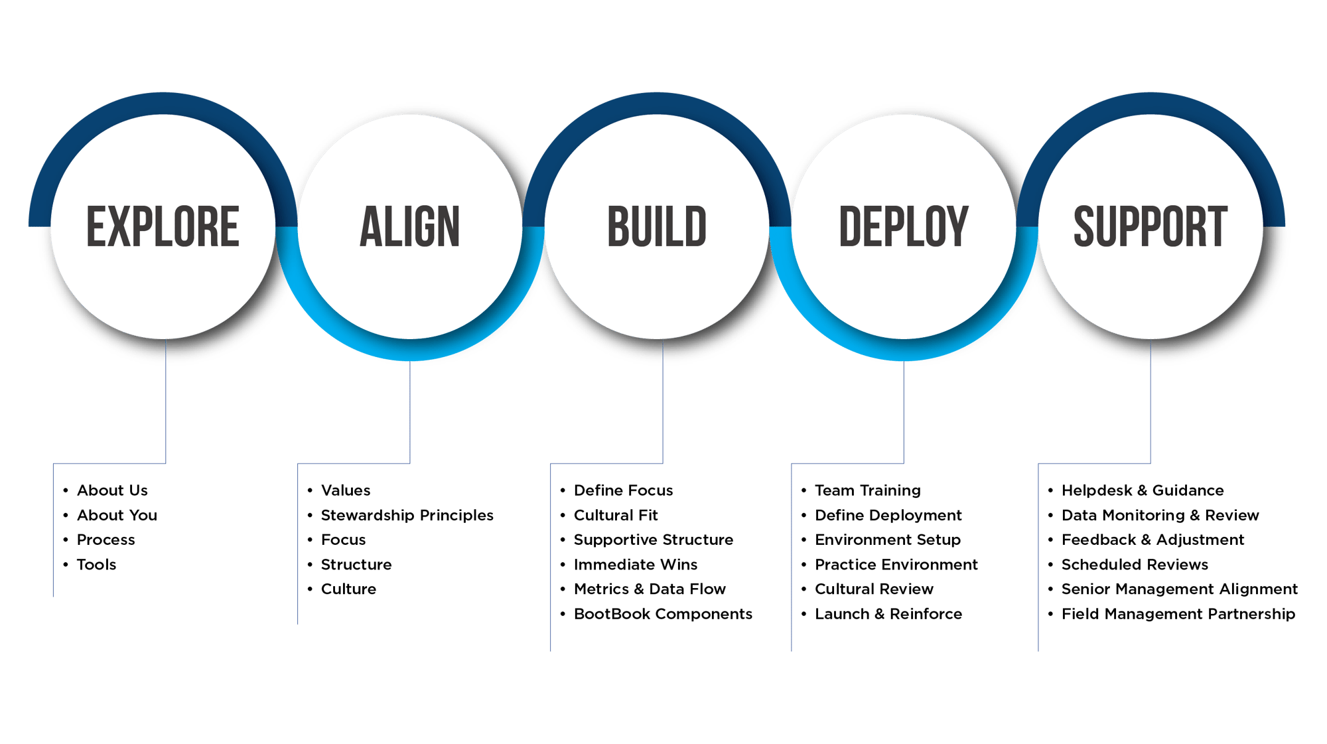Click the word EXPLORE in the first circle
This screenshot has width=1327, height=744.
click(x=163, y=227)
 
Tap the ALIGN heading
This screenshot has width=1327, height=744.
click(x=409, y=227)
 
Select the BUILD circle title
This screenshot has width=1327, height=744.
click(x=657, y=227)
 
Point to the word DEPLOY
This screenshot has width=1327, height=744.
click(x=904, y=227)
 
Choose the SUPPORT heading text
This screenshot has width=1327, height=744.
click(x=1151, y=227)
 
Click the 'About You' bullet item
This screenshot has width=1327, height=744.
click(x=117, y=515)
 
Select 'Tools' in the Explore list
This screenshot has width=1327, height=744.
click(x=96, y=565)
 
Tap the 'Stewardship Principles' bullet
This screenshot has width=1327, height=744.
click(x=407, y=515)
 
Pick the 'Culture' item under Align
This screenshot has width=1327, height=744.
click(x=348, y=589)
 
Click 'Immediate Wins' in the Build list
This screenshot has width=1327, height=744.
click(x=635, y=565)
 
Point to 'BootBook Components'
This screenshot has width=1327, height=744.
click(x=663, y=614)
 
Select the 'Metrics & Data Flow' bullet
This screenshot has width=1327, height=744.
click(x=650, y=589)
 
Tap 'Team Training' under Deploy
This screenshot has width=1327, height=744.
click(x=867, y=490)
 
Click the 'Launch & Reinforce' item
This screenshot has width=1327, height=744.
click(x=888, y=614)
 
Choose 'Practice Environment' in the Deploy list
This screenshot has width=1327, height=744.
click(x=896, y=565)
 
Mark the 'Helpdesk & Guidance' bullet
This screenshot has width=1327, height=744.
click(x=1142, y=490)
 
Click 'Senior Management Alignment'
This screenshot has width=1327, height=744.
click(x=1179, y=589)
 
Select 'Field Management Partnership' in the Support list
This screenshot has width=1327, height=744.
click(x=1178, y=614)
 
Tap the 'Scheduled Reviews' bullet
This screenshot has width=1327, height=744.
click(x=1135, y=565)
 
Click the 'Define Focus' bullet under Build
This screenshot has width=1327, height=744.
click(x=623, y=490)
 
